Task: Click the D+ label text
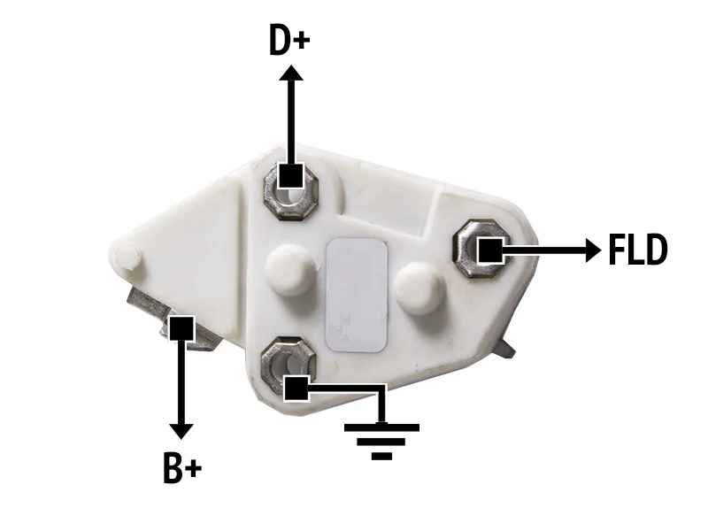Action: [289, 40]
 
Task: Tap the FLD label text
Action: [637, 250]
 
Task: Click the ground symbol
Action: [381, 441]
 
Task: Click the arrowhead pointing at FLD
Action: [593, 250]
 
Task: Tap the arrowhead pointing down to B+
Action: [181, 432]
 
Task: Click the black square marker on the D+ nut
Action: [290, 175]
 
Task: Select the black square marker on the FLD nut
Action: [490, 250]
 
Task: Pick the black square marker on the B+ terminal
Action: [181, 328]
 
